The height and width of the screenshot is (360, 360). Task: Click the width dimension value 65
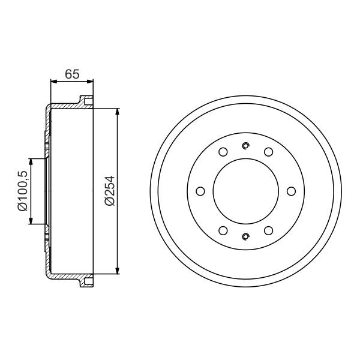click(x=72, y=74)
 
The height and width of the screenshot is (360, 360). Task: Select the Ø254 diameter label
click(x=109, y=191)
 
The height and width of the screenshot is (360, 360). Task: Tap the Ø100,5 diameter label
click(x=22, y=191)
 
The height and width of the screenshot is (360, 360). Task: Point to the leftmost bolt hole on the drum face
click(x=200, y=191)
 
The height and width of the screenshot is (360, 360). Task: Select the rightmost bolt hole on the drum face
click(x=291, y=191)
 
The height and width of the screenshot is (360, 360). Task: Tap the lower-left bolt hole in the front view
click(x=223, y=230)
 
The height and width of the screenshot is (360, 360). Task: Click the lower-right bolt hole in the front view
click(x=268, y=230)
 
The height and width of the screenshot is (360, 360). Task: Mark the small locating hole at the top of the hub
click(x=245, y=145)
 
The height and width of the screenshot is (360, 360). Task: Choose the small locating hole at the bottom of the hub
click(x=245, y=236)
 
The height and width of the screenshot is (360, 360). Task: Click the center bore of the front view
click(x=245, y=191)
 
